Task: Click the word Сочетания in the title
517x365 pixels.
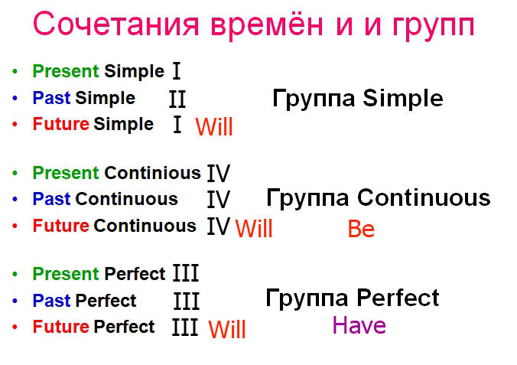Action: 116,24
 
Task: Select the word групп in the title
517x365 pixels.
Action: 433,27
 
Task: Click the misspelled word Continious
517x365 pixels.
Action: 152,173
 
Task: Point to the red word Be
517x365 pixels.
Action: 361,229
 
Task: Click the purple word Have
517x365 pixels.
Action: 359,325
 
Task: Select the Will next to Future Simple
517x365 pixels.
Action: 214,126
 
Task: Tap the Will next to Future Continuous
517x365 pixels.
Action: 254,228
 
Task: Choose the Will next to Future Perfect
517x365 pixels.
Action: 227,329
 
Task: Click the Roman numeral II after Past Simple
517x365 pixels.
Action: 177,99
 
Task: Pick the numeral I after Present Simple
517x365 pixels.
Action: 177,71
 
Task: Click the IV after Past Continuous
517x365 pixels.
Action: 218,199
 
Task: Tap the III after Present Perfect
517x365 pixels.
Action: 186,273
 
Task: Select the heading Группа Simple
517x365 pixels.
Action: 358,98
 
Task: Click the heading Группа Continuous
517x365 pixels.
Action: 378,197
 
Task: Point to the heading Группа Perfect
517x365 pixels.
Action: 352,298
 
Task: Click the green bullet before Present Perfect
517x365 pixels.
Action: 15,274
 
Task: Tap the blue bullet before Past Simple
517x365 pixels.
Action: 15,98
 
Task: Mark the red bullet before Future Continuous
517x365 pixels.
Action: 15,226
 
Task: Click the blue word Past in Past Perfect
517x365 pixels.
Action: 51,300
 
